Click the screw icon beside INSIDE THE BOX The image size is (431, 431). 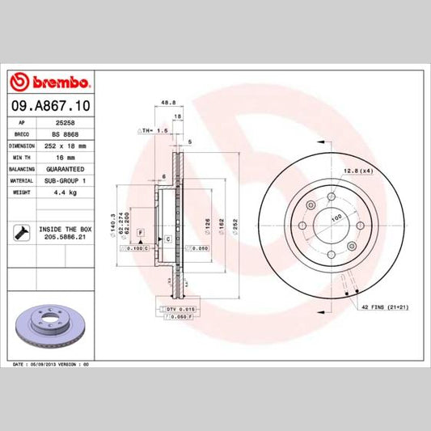20,235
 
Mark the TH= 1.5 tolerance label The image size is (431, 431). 153,129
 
